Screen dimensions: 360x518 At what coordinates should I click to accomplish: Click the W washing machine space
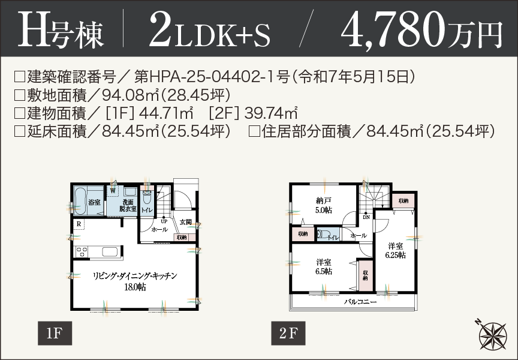[x=112, y=190]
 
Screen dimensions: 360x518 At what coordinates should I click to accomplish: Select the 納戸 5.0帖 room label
[x=324, y=205]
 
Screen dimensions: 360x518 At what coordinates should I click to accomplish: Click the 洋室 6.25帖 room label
[x=395, y=250]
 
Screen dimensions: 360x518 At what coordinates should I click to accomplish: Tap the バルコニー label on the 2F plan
[x=360, y=302]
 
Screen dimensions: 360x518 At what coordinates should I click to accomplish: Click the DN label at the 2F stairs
[x=366, y=217]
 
